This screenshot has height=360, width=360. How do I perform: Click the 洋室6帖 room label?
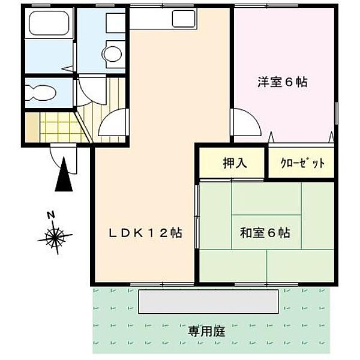(283, 83)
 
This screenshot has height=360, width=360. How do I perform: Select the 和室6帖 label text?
(265, 233)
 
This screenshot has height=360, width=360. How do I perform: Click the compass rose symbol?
(55, 238)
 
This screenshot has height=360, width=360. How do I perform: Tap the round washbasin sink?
(112, 54)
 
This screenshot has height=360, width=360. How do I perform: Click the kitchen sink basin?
(183, 19)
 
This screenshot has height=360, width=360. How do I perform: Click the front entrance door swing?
(65, 157)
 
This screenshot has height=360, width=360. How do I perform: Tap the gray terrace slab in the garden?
(209, 301)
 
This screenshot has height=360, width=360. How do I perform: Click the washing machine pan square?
(115, 23)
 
